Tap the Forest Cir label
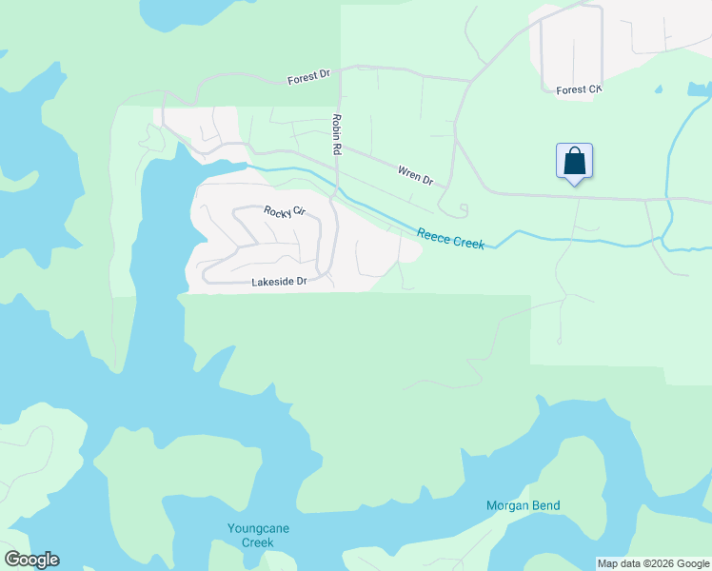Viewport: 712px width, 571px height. pos(579,90)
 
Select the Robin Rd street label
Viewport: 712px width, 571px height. pos(336,134)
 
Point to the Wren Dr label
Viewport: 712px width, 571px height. pos(415,174)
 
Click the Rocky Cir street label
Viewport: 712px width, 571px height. pos(284,210)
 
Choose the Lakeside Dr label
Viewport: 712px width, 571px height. pos(279,282)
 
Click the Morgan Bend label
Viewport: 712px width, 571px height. pos(523,505)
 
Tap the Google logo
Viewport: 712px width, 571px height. pos(31,560)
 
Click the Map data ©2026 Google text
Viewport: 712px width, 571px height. pos(653,563)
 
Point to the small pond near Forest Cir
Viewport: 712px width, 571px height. pos(658,90)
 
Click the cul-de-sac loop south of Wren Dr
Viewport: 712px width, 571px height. pos(463,208)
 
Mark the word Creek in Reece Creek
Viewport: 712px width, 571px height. pos(467,242)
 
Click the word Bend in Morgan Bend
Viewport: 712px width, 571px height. pos(544,505)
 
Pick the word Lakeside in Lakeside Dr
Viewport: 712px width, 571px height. pos(271,282)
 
